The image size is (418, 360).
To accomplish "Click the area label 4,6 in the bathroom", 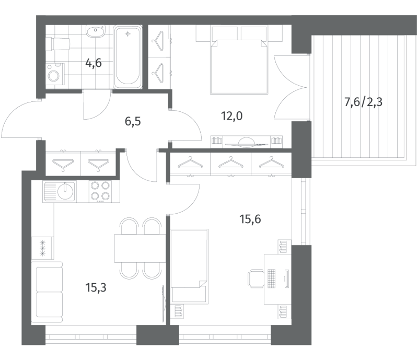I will tap(94, 64).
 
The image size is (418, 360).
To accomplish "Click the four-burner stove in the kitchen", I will tap(100, 191).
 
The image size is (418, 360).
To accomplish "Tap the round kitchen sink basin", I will tap(66, 189).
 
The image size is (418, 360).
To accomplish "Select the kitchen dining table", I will tap(137, 248).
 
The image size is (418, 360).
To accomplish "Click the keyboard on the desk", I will tap(272, 277).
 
